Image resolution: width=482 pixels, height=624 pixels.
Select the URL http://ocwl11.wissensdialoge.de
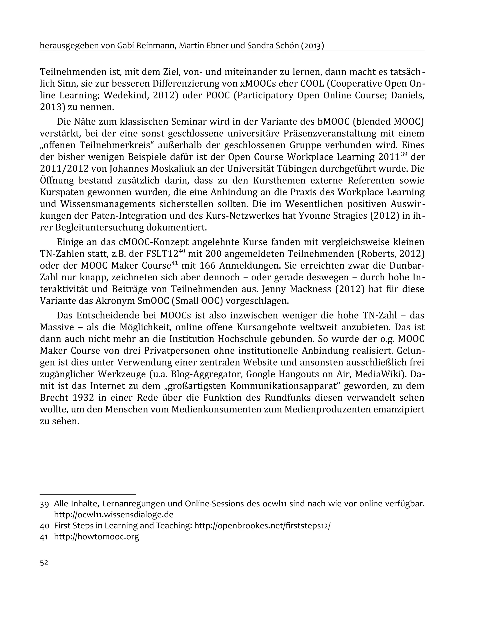point(114,515)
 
